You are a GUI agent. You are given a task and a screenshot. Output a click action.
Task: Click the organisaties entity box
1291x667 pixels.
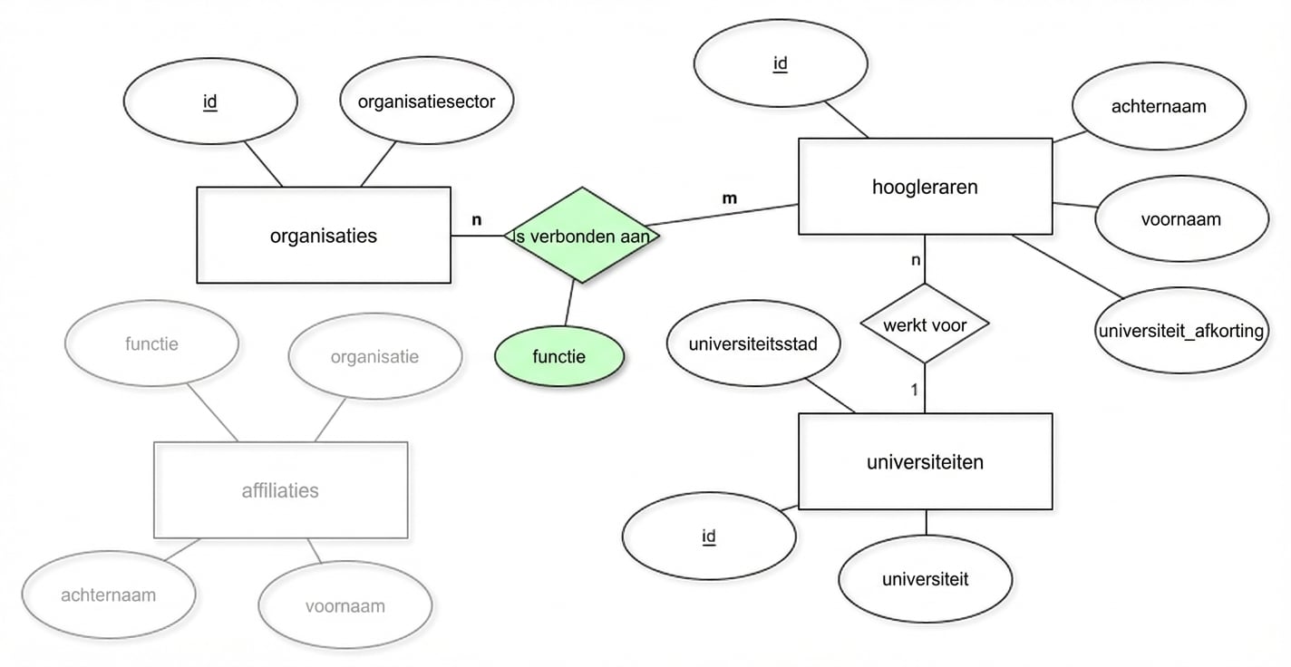pyautogui.click(x=324, y=236)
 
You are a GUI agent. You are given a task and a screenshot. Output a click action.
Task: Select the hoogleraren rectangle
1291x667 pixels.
pyautogui.click(x=925, y=187)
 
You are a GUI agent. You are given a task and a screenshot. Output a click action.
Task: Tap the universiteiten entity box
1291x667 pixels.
pyautogui.click(x=925, y=461)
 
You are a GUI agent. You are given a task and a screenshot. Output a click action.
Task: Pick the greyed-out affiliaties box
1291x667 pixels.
pyautogui.click(x=280, y=490)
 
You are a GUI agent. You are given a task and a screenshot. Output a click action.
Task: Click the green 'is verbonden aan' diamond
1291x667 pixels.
pyautogui.click(x=582, y=236)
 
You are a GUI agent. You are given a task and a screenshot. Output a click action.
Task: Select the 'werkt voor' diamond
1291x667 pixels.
pyautogui.click(x=925, y=324)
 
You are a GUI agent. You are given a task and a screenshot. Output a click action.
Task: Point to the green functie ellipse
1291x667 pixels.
pyautogui.click(x=559, y=356)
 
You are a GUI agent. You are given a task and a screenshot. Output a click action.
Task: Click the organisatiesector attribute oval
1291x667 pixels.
pyautogui.click(x=426, y=101)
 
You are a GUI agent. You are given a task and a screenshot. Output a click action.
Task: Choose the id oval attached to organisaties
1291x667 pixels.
pyautogui.click(x=209, y=101)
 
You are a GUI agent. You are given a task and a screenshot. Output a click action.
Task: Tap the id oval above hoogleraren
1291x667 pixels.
pyautogui.click(x=780, y=63)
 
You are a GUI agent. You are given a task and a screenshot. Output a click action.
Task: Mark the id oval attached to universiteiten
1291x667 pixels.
pyautogui.click(x=709, y=536)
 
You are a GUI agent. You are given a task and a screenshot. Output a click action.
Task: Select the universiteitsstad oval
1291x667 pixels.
pyautogui.click(x=752, y=344)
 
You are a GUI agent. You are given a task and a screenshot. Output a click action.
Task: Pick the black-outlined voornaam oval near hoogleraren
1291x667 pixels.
pyautogui.click(x=1180, y=219)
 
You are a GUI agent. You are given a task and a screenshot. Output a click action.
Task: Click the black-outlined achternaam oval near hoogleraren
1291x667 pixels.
pyautogui.click(x=1158, y=106)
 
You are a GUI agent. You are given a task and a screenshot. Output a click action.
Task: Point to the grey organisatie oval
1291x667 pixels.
pyautogui.click(x=374, y=357)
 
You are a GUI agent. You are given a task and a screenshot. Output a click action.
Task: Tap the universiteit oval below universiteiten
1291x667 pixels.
pyautogui.click(x=925, y=578)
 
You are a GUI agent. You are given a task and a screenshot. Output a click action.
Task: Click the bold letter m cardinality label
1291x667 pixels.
pyautogui.click(x=729, y=198)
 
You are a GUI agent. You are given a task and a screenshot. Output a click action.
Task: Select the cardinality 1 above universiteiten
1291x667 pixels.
pyautogui.click(x=915, y=390)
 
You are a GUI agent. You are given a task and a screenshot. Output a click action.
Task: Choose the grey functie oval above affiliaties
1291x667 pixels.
pyautogui.click(x=151, y=343)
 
